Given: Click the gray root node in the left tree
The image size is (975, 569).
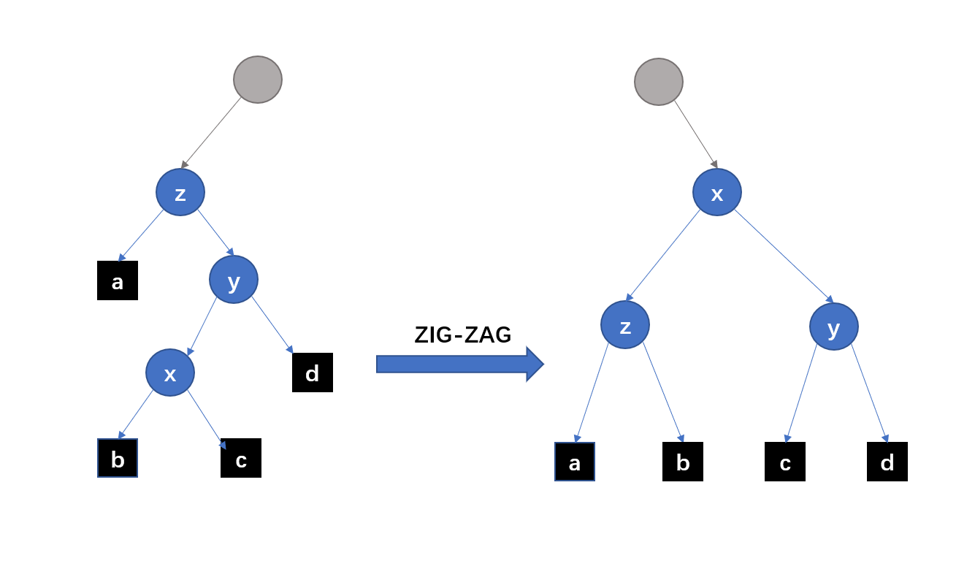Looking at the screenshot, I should point(258,80).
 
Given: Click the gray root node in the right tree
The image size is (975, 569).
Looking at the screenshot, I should point(659,82).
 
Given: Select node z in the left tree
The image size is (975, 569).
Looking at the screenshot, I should point(180,193).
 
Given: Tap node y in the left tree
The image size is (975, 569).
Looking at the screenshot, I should point(234,280).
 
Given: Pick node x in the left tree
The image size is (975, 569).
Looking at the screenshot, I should point(170,373).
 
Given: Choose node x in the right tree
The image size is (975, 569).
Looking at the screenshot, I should point(717,193).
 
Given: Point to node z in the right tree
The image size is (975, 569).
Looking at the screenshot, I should point(625,325).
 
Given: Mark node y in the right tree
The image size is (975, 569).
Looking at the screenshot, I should point(834,326).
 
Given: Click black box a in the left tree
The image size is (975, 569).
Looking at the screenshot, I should point(118,280).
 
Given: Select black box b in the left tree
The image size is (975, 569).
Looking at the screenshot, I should point(118,458).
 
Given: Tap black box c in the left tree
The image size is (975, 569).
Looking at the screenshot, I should point(241,458).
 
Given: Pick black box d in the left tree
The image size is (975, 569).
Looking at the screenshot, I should point(313,373).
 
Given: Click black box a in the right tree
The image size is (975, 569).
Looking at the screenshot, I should point(575,462).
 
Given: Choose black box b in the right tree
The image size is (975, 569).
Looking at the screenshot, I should point(683,462).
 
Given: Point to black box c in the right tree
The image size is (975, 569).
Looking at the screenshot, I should point(785,462).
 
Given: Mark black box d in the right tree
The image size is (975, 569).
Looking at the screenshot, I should point(887,462).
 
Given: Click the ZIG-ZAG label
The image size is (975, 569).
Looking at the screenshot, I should point(463,335).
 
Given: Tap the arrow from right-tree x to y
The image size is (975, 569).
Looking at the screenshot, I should point(784,256).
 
